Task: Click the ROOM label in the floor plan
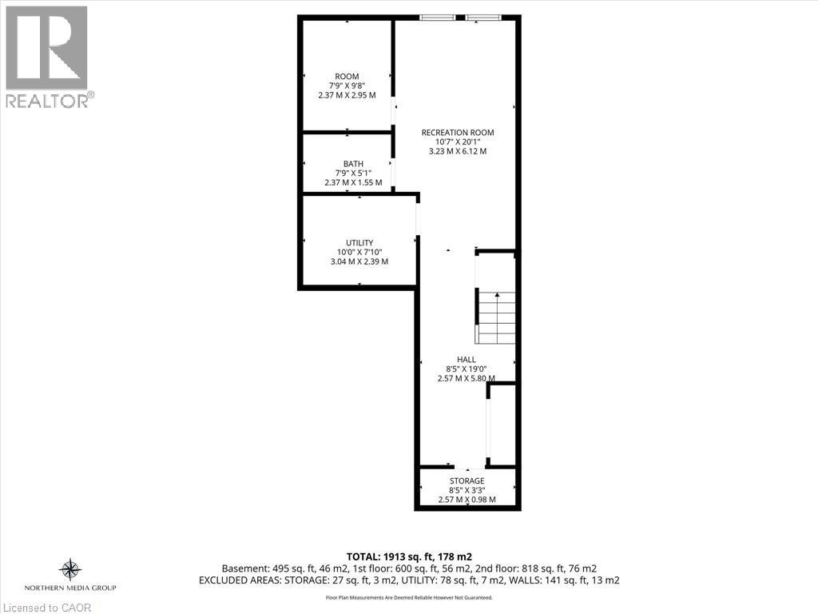point(347,76)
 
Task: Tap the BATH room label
point(353,164)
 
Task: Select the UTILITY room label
point(359,243)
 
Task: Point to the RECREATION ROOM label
point(458,133)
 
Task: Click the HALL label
point(467,359)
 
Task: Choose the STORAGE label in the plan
point(467,480)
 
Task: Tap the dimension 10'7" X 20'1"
point(458,142)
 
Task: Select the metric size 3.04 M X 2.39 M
point(359,261)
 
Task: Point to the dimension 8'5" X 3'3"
point(467,490)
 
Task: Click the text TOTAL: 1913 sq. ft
point(387,557)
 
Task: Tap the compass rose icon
point(70,569)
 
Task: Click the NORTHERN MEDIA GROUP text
point(70,588)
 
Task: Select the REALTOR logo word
point(47,102)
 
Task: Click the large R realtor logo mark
point(46,47)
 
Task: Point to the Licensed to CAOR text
point(46,608)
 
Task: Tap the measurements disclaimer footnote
point(409,598)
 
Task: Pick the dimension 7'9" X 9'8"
point(347,86)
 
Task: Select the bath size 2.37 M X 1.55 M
point(353,183)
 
